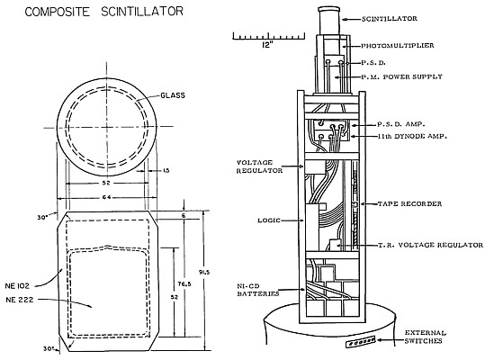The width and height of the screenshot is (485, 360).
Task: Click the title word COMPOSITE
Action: tap(58, 12)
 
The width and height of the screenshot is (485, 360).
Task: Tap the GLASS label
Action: tap(173, 95)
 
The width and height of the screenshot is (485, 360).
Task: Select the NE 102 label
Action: tap(17, 286)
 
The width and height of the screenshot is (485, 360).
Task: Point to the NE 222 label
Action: tap(20, 300)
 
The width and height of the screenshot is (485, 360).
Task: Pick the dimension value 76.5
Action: tap(185, 283)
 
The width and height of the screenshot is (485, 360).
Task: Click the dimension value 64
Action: tap(106, 197)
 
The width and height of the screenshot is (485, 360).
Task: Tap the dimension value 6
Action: tap(184, 216)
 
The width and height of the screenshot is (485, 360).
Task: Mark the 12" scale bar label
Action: tap(268, 45)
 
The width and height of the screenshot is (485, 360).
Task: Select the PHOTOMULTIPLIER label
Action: tap(398, 46)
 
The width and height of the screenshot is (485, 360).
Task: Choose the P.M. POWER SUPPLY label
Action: tap(402, 76)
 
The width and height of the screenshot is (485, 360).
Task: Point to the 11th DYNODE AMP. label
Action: tap(412, 136)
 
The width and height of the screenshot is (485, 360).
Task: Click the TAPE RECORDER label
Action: tap(409, 203)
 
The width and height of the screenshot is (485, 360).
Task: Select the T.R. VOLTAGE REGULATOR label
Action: tap(430, 245)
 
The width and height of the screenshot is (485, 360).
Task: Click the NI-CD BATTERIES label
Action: tap(258, 290)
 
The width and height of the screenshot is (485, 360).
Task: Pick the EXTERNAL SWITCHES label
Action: tap(426, 337)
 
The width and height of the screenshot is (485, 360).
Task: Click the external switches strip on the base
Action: tap(361, 342)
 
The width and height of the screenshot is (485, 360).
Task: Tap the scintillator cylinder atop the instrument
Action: tap(329, 21)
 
